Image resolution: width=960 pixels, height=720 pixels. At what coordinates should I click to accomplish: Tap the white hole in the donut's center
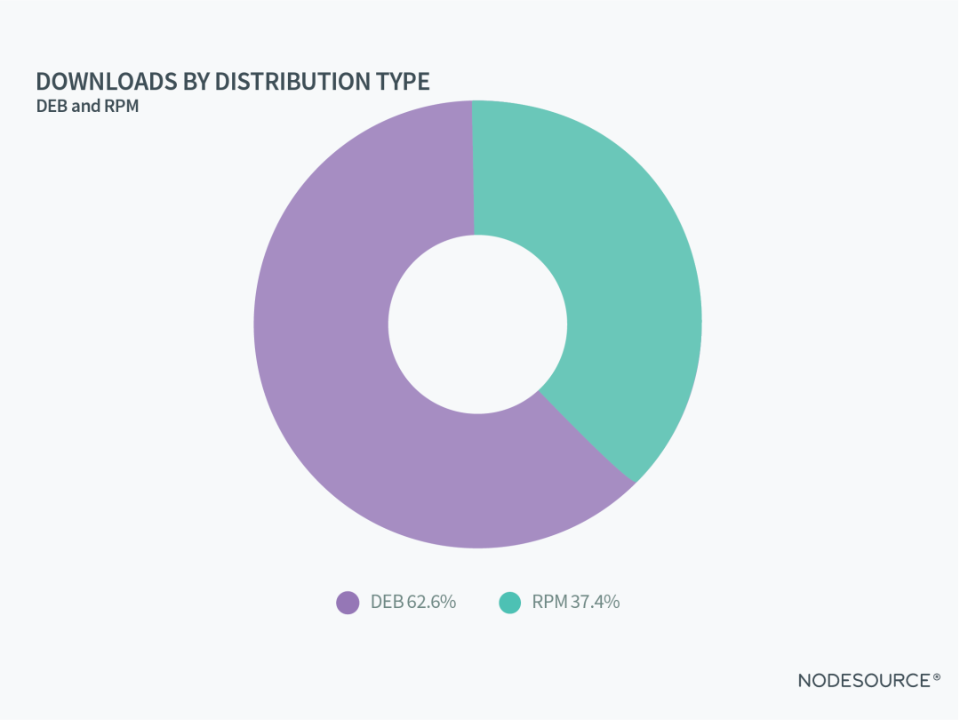[x=477, y=324]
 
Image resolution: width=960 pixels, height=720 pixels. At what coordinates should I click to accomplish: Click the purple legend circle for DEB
[x=348, y=602]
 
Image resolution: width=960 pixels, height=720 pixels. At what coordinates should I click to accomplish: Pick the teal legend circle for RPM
[x=509, y=602]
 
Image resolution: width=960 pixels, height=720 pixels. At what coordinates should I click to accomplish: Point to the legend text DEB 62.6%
[x=413, y=602]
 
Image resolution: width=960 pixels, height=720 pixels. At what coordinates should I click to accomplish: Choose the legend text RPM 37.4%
[x=576, y=602]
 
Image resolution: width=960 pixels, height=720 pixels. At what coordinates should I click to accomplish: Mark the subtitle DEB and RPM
[x=88, y=107]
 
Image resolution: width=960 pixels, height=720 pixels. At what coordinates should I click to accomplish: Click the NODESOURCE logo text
[x=863, y=681]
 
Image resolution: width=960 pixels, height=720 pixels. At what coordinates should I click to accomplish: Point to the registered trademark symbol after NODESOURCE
[x=936, y=678]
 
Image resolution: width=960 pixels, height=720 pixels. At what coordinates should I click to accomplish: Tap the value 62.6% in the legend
[x=431, y=602]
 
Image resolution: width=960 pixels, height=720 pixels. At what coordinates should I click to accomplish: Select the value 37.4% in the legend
[x=595, y=602]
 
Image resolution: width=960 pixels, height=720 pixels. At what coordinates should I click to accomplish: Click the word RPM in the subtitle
[x=124, y=107]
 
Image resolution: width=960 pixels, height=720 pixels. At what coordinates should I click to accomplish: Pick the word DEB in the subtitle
[x=52, y=107]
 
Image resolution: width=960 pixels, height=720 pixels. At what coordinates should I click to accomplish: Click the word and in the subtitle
[x=87, y=107]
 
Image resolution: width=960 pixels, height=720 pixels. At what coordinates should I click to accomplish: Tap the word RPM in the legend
[x=549, y=602]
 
